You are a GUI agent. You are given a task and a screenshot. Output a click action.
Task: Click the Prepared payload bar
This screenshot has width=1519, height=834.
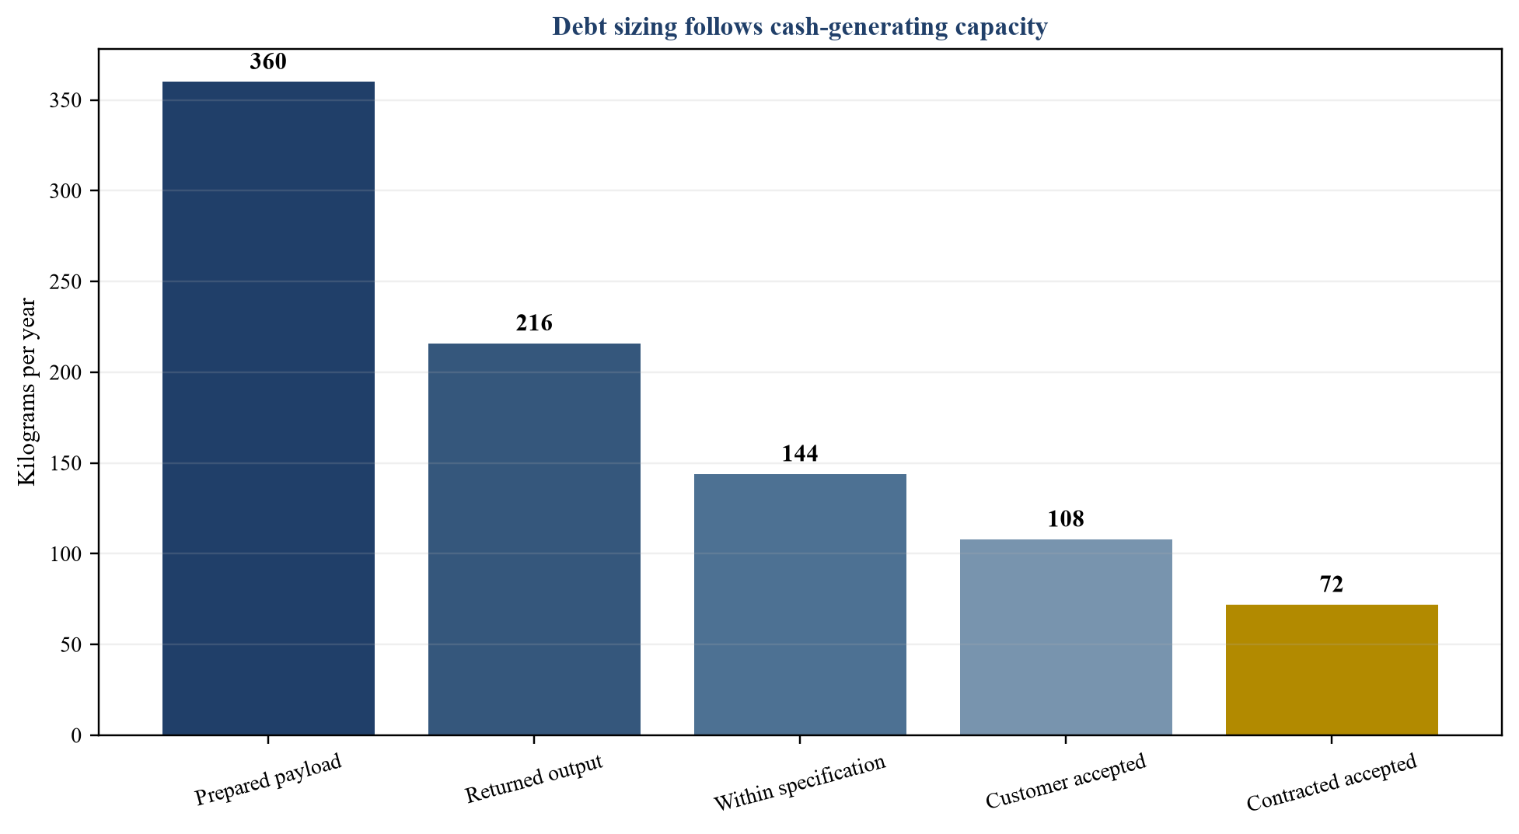(x=268, y=408)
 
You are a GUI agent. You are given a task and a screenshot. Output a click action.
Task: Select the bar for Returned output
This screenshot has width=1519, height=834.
(x=534, y=539)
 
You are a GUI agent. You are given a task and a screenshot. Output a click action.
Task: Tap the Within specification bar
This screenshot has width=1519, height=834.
(x=800, y=604)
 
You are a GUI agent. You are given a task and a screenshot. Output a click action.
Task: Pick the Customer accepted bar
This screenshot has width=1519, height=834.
(x=1066, y=637)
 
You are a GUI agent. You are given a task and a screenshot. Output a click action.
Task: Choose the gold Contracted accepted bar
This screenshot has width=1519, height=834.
(x=1332, y=669)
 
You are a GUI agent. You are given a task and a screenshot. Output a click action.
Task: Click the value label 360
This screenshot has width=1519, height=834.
(x=268, y=62)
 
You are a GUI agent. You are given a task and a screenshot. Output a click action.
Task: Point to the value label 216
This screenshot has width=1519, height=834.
(x=534, y=323)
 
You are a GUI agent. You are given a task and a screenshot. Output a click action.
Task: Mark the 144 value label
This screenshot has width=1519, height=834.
(x=800, y=454)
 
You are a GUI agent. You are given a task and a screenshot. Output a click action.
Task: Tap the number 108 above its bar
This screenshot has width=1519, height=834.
(x=1066, y=519)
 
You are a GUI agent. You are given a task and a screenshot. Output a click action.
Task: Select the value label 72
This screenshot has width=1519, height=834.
(x=1332, y=584)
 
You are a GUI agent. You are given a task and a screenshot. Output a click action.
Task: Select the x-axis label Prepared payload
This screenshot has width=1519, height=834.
(x=268, y=780)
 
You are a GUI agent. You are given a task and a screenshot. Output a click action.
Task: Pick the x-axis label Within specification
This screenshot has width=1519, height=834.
(x=800, y=783)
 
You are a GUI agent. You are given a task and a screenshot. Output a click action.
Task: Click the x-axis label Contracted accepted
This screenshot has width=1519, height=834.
(x=1332, y=783)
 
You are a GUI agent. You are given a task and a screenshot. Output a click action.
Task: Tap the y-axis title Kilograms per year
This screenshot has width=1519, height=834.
(x=27, y=392)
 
